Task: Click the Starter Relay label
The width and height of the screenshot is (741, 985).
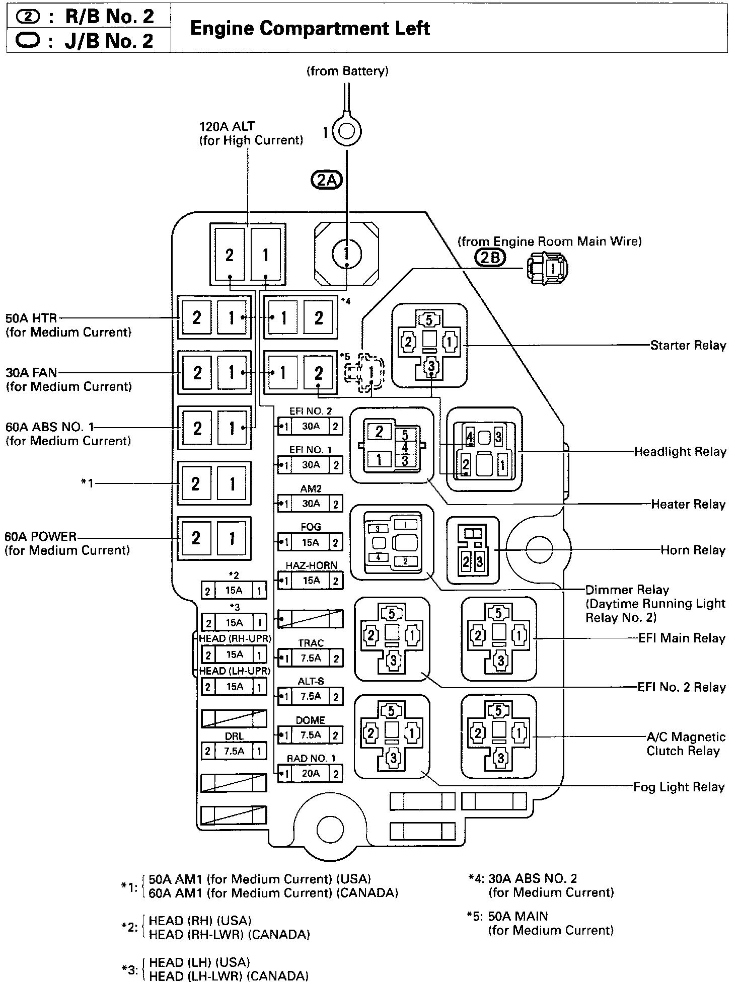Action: point(688,346)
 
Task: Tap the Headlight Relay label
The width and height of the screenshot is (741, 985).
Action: point(680,452)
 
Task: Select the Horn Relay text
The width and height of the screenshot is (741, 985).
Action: point(693,550)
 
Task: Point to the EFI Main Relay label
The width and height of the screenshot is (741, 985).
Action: point(682,638)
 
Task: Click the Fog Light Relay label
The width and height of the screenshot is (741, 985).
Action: point(679,787)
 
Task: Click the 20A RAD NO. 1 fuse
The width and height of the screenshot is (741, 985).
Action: point(310,773)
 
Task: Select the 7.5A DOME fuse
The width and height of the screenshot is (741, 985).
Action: point(310,735)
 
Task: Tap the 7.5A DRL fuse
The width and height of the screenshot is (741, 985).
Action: point(234,751)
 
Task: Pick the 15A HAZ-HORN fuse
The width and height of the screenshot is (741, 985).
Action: point(310,581)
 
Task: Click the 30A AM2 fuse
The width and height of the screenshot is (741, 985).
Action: point(310,504)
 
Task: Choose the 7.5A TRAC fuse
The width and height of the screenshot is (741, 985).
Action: point(310,658)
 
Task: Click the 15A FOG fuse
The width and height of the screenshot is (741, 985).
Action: point(310,542)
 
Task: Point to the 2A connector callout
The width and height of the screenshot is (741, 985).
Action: point(327,180)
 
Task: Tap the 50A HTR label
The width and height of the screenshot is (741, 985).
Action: point(31,318)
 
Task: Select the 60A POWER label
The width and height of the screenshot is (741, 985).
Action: point(40,537)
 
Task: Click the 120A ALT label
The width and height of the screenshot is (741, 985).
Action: point(227,126)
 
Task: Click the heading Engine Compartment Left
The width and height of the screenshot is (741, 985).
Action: point(310,28)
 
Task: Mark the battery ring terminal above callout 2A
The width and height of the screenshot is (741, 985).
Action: point(347,131)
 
